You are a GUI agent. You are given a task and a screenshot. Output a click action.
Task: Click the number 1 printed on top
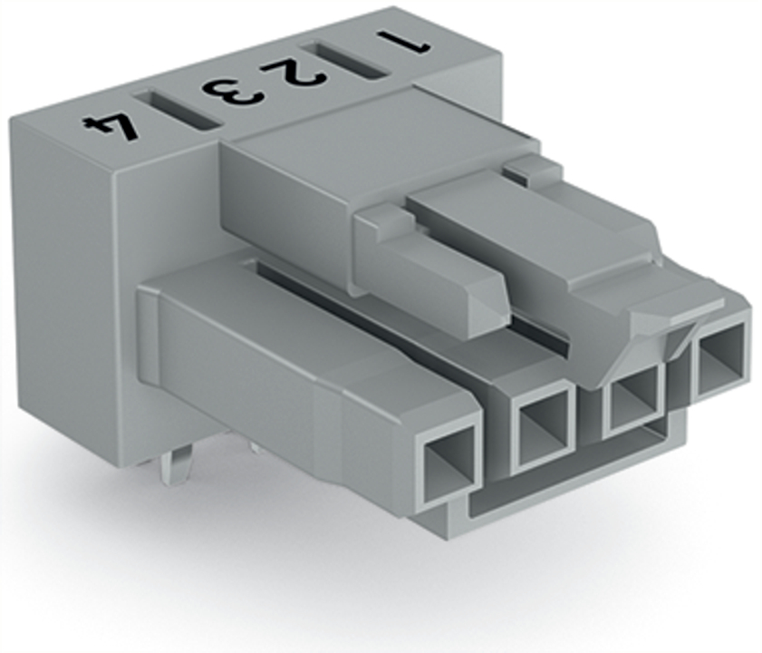[403, 43]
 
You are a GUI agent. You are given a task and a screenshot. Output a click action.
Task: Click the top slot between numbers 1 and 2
[345, 61]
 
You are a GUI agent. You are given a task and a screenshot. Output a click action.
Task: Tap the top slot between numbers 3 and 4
[178, 111]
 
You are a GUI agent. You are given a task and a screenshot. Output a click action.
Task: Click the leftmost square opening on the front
[449, 458]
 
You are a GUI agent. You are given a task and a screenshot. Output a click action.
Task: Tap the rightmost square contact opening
[720, 358]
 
